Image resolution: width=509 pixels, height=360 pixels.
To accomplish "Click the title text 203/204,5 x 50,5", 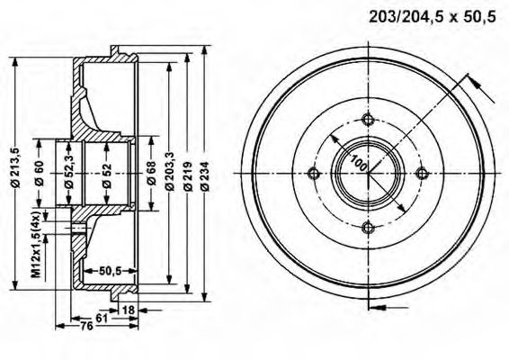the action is pyautogui.click(x=432, y=17).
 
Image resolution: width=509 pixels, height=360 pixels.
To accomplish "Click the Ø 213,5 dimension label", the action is pyautogui.click(x=16, y=167).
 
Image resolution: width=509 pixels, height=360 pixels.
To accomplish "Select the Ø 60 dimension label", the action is pyautogui.click(x=40, y=173).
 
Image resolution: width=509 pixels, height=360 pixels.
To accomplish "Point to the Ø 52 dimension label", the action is pyautogui.click(x=106, y=175).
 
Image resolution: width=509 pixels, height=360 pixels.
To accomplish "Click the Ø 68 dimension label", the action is pyautogui.click(x=151, y=173).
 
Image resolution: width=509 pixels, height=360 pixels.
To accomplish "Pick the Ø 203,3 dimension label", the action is pyautogui.click(x=169, y=171).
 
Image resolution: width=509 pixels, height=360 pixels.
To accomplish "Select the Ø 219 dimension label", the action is pyautogui.click(x=187, y=175).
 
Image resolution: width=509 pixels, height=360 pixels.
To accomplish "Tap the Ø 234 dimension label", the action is pyautogui.click(x=204, y=175).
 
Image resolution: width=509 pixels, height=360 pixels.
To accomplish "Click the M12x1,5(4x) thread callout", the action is pyautogui.click(x=36, y=244).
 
